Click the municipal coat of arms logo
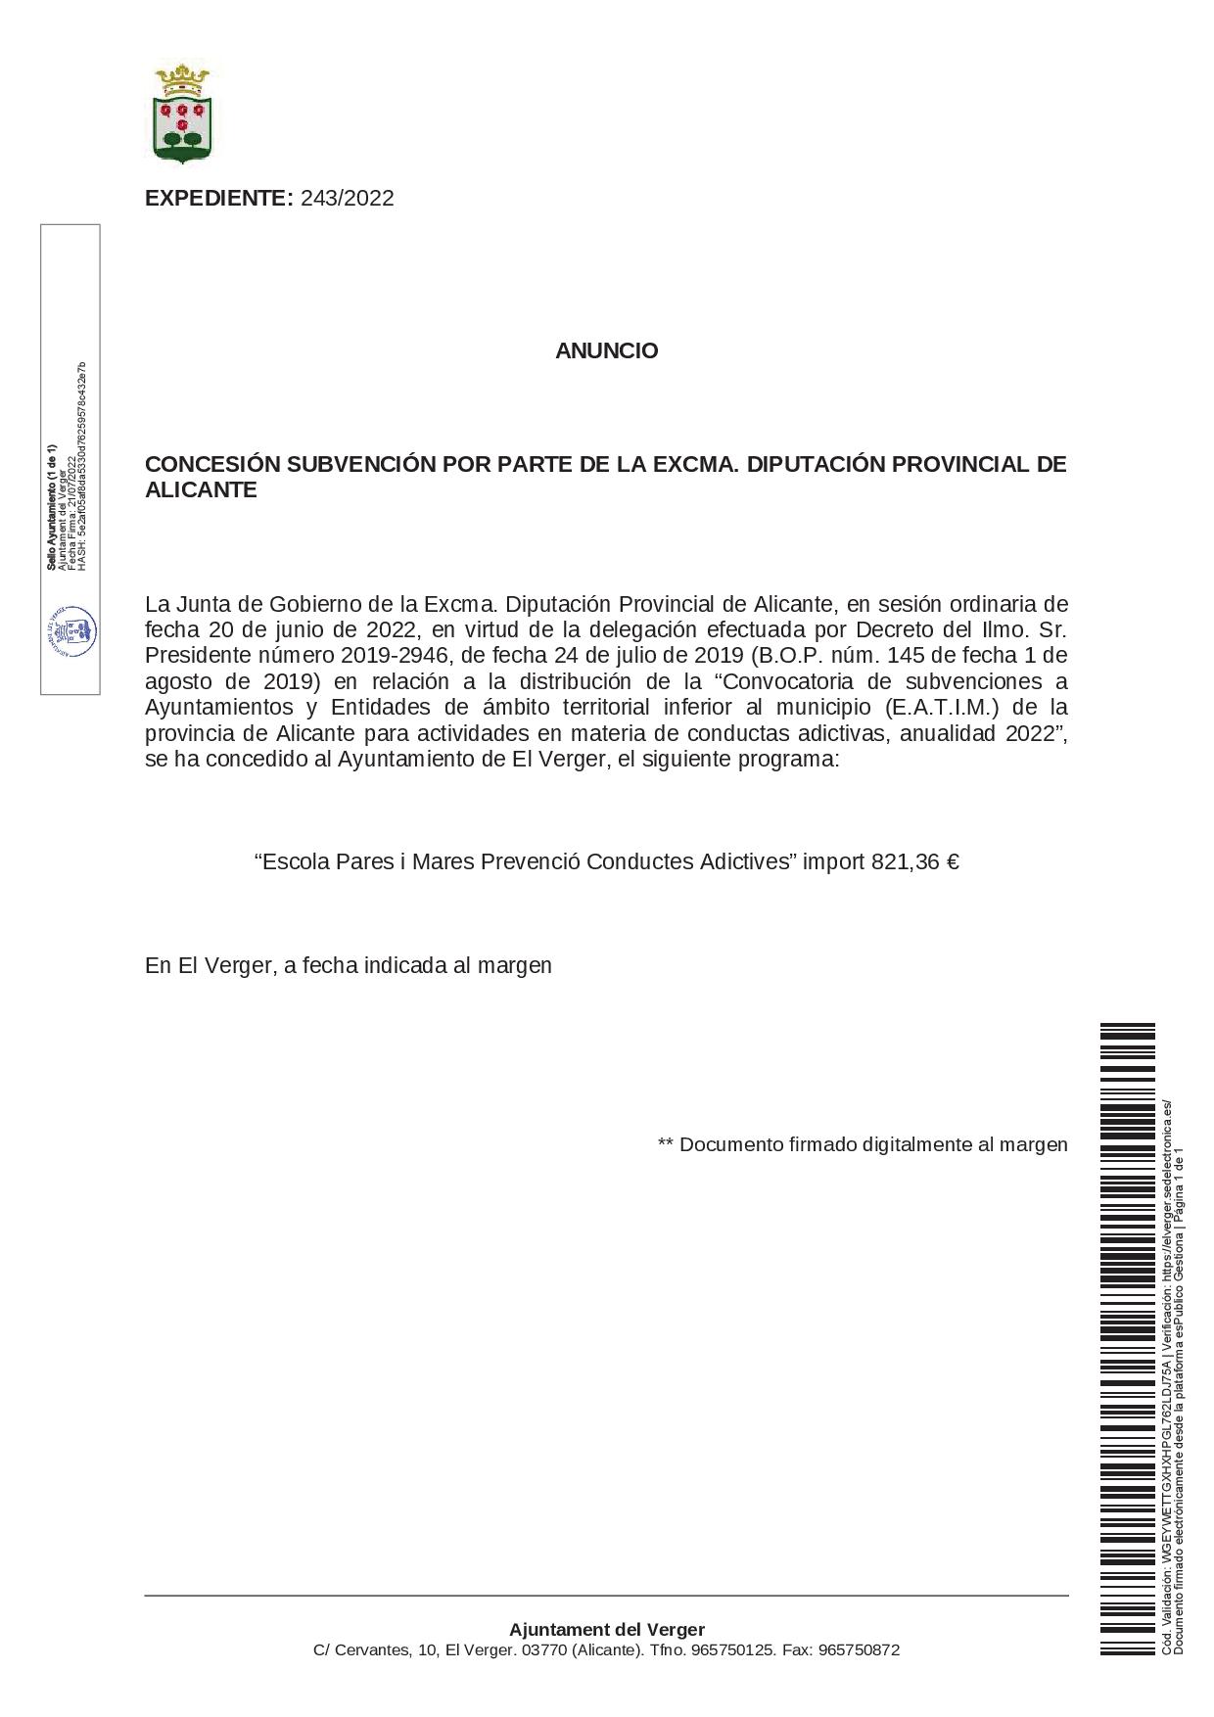[x=183, y=114]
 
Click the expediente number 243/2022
[x=348, y=199]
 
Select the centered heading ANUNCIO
[x=606, y=350]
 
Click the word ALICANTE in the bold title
[x=201, y=490]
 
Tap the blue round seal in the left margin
[x=71, y=631]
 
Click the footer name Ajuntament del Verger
[x=606, y=1630]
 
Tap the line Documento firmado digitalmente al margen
[x=863, y=1144]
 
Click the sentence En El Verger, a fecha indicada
[x=348, y=965]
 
